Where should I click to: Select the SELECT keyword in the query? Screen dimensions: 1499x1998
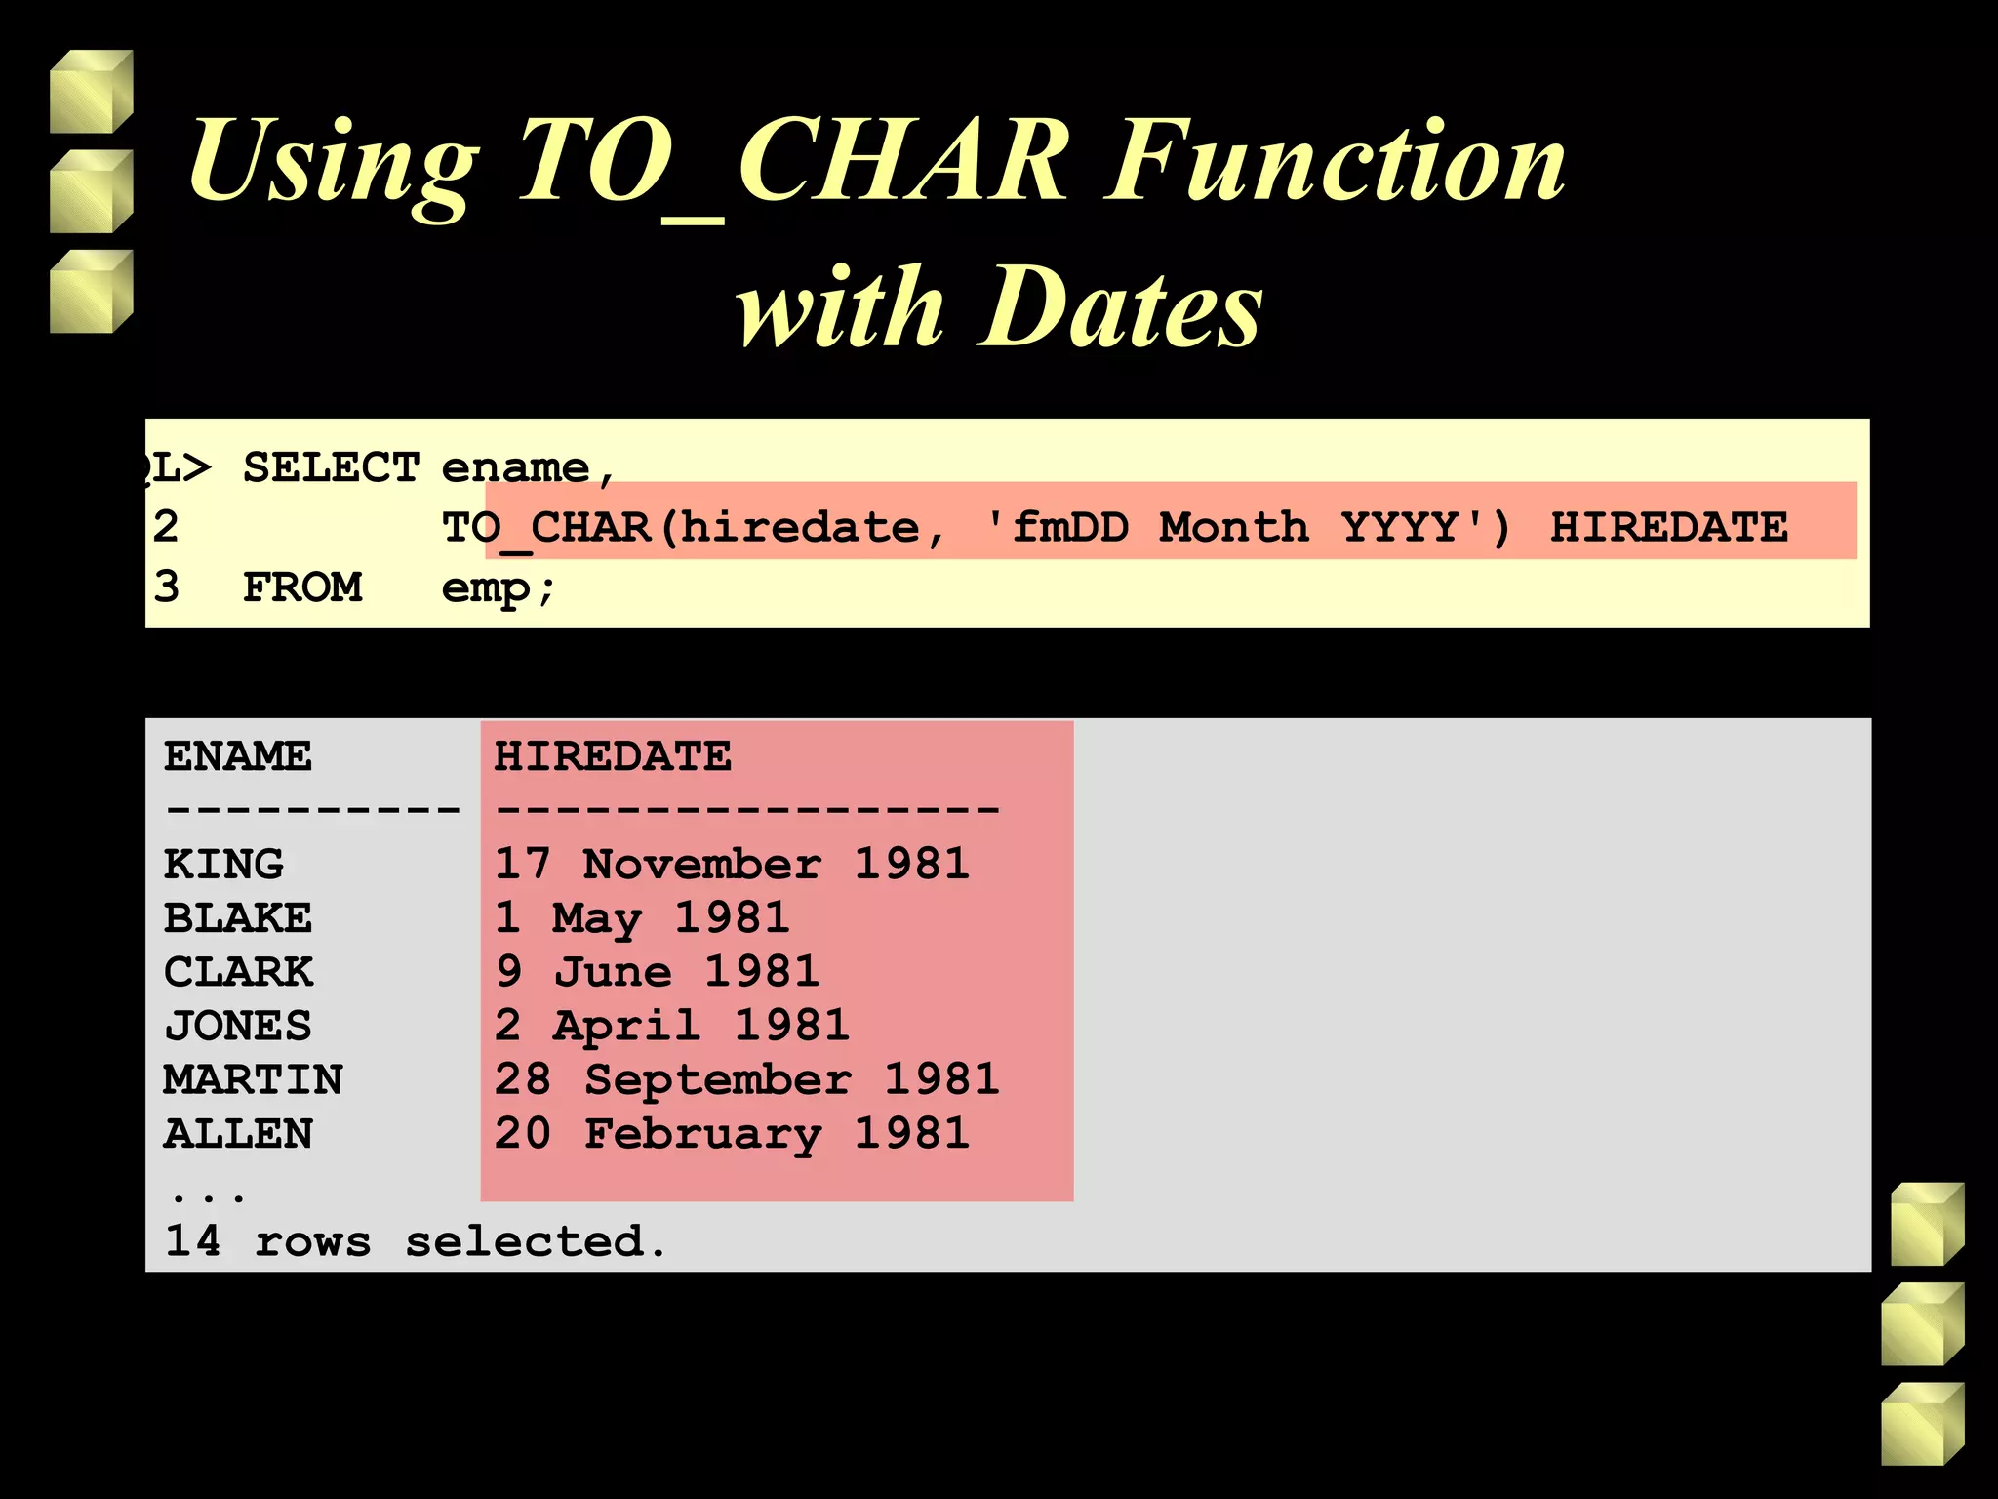tap(331, 468)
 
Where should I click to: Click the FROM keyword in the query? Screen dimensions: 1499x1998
tap(301, 587)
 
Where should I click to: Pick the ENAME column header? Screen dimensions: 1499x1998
tap(238, 756)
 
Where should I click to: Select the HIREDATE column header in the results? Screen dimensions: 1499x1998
tap(612, 756)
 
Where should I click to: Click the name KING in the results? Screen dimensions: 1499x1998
tap(223, 864)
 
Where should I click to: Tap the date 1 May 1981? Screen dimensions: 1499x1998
tap(641, 918)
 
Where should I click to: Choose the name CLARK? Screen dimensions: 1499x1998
tap(238, 972)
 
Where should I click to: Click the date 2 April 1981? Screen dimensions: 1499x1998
tap(671, 1026)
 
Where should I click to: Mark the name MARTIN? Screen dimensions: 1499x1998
tap(253, 1079)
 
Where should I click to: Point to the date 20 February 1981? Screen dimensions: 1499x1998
tap(732, 1133)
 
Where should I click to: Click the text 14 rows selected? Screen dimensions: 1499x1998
tap(416, 1241)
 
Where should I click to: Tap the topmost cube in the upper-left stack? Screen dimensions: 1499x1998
tap(91, 92)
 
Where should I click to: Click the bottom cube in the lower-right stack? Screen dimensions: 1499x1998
tap(1922, 1424)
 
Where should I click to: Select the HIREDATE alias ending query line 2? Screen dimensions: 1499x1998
tap(1668, 528)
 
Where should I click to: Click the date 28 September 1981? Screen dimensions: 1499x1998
tap(746, 1079)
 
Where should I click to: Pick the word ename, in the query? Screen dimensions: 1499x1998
tap(528, 468)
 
